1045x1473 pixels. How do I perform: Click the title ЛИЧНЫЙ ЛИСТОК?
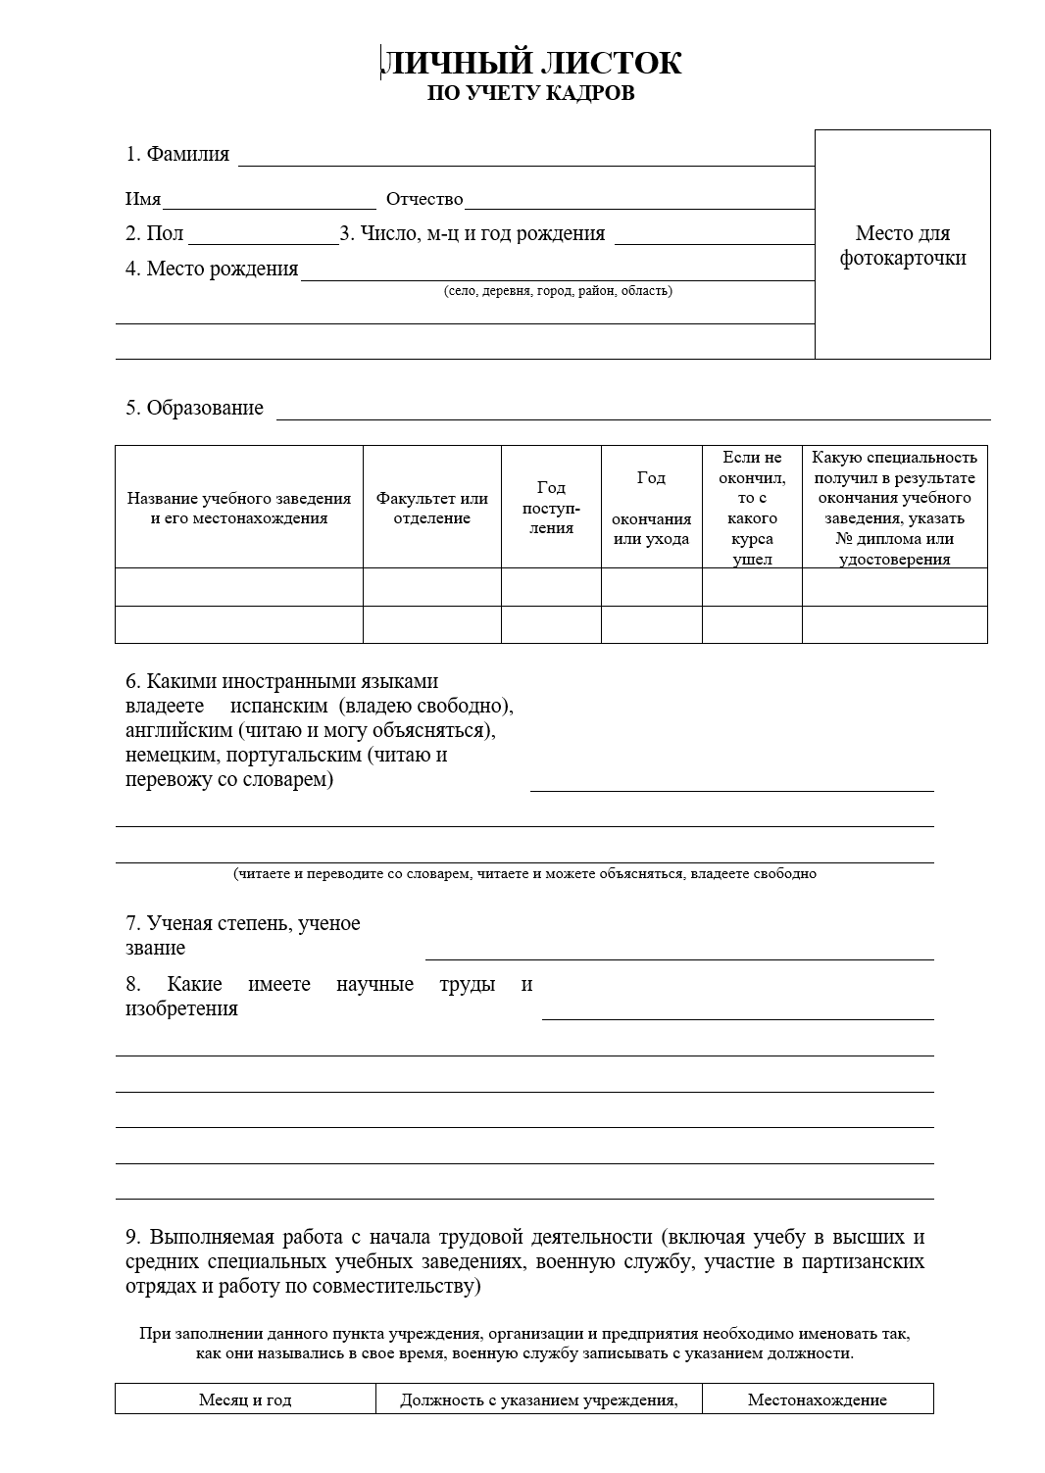(x=530, y=63)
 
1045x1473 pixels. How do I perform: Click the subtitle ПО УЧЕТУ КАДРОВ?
(x=530, y=93)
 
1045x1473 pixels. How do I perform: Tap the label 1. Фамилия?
(x=177, y=154)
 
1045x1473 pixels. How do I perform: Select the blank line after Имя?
(x=270, y=201)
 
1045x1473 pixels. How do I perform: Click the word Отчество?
(x=424, y=199)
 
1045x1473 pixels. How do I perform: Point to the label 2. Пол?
(x=154, y=234)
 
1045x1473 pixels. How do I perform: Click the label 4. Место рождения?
(x=212, y=269)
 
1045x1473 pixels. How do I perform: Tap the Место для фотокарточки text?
(x=903, y=245)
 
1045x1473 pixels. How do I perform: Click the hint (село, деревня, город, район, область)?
(x=558, y=290)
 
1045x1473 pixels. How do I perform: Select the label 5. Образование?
(x=194, y=408)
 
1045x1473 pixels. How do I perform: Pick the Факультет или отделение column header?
(x=432, y=508)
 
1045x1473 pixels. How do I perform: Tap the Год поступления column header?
(x=551, y=508)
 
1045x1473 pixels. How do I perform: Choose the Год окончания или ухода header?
(x=651, y=508)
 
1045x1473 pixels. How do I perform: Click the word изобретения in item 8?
(x=181, y=1008)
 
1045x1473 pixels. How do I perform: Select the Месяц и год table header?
(x=245, y=1399)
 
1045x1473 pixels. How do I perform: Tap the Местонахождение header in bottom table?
(x=818, y=1399)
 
